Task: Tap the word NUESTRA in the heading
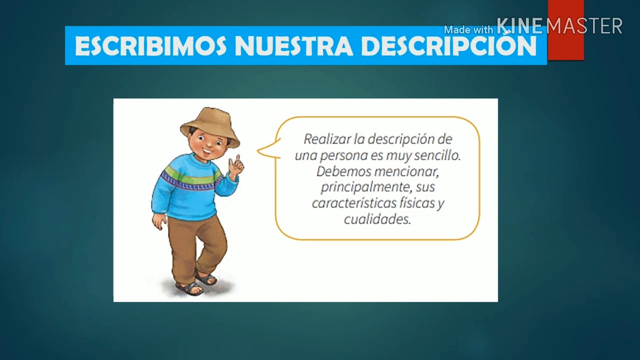[x=294, y=46]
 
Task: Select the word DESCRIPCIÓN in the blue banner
[x=448, y=46]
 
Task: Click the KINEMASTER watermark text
[x=559, y=26]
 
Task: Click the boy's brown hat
[x=210, y=122]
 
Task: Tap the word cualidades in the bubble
[x=377, y=219]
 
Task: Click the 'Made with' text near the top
[x=468, y=30]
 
